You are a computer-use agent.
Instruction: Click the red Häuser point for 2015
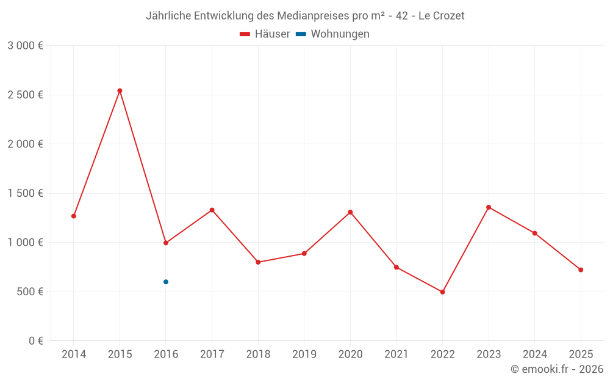[120, 90]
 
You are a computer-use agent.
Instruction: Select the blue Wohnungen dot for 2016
[166, 282]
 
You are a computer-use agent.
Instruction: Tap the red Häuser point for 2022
[442, 292]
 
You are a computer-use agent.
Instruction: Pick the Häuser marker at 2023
[489, 207]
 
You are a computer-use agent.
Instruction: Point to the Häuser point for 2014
[74, 216]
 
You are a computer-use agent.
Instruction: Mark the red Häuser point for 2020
[350, 212]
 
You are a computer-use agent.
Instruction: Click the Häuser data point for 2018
[258, 262]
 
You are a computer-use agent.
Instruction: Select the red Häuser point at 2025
[581, 270]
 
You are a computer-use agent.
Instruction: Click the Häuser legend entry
[265, 34]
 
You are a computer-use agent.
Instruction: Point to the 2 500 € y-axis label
[25, 95]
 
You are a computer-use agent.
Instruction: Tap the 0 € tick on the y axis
[36, 341]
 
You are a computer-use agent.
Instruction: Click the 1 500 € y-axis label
[25, 193]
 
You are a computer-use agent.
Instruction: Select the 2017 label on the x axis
[212, 354]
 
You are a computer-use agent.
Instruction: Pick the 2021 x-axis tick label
[396, 354]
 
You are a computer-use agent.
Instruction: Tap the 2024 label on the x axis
[534, 354]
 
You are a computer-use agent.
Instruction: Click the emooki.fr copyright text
[557, 369]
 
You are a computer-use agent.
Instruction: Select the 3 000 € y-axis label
[25, 46]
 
